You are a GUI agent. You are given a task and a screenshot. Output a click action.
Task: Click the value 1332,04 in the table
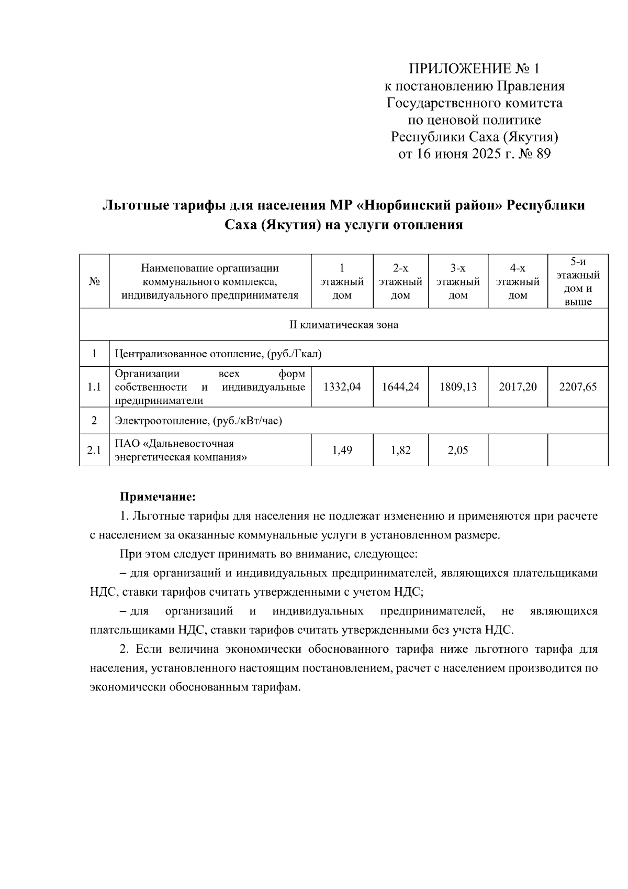click(x=342, y=387)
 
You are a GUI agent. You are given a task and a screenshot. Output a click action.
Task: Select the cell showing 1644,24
click(x=400, y=387)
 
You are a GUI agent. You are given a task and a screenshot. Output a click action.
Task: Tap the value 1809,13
click(x=458, y=387)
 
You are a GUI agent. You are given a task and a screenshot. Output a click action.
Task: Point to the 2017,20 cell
click(x=518, y=387)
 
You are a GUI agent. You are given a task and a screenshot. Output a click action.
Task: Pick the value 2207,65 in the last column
click(x=578, y=387)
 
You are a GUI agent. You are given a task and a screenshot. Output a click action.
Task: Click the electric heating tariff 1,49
click(x=342, y=449)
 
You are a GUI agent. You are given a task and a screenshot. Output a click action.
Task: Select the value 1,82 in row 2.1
click(x=400, y=449)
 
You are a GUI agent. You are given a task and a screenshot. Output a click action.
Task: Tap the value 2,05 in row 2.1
click(x=458, y=449)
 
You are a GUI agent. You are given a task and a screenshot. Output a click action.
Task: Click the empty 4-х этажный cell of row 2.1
click(x=518, y=449)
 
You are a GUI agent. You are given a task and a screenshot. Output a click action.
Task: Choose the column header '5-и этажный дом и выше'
click(x=578, y=281)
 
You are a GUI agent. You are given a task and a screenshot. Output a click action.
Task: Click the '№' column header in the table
click(x=94, y=281)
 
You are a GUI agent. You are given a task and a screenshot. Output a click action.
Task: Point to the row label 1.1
click(x=94, y=387)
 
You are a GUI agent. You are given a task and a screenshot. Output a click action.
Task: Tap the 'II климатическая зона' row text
click(x=344, y=325)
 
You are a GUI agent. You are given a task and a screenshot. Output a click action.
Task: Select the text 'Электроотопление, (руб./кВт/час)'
click(x=198, y=421)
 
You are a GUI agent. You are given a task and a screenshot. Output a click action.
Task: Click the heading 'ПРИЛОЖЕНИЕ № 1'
click(x=474, y=69)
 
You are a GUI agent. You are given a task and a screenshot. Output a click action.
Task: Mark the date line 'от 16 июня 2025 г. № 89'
click(x=475, y=154)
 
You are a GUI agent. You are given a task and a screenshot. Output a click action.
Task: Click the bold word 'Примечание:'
click(x=158, y=496)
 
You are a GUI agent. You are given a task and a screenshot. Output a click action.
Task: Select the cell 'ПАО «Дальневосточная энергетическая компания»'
click(x=181, y=450)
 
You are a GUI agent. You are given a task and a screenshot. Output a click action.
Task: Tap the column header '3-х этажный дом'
click(x=458, y=281)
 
